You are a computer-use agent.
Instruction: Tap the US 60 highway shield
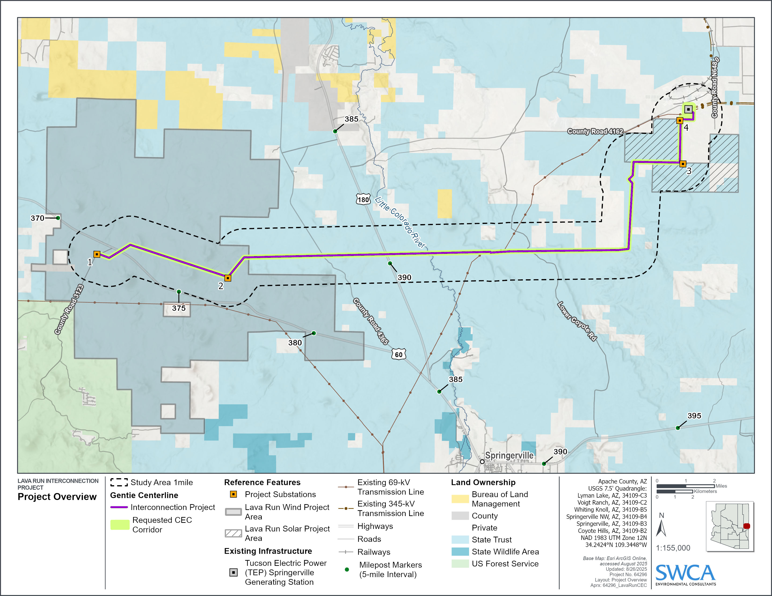coord(398,354)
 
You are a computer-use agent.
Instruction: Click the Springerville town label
coord(509,456)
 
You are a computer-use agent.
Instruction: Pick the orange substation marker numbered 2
coord(228,278)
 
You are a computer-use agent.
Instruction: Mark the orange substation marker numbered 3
coord(683,164)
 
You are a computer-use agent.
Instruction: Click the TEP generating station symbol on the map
coord(688,109)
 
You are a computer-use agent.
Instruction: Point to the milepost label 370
coord(37,218)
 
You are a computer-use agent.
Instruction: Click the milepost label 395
coord(694,416)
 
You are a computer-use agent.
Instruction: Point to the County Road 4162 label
coord(595,131)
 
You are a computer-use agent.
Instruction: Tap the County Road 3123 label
coord(69,309)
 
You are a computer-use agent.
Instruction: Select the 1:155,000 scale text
coord(673,548)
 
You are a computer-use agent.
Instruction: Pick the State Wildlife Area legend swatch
coord(460,552)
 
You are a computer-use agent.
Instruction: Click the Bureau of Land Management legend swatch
coord(460,499)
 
